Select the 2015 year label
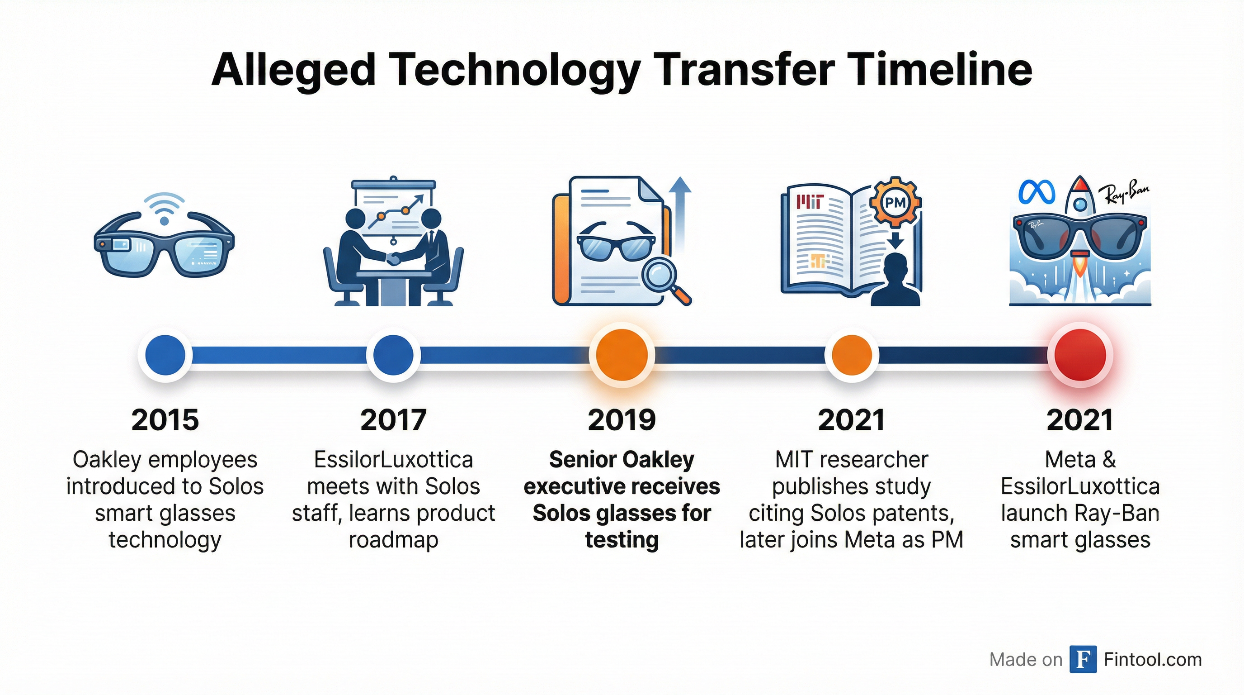click(x=165, y=419)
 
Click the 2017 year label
click(x=394, y=419)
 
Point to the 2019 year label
click(x=622, y=419)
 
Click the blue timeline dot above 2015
click(x=165, y=355)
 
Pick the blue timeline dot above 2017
click(x=394, y=355)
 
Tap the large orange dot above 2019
click(x=622, y=355)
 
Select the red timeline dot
click(x=1080, y=355)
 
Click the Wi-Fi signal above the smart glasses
click(x=165, y=209)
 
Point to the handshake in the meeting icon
click(x=395, y=259)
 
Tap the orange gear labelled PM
click(x=895, y=203)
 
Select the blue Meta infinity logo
click(x=1037, y=192)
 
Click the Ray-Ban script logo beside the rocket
click(x=1123, y=196)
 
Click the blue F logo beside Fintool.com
click(x=1083, y=659)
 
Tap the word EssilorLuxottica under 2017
click(x=394, y=460)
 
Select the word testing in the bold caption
click(x=622, y=540)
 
